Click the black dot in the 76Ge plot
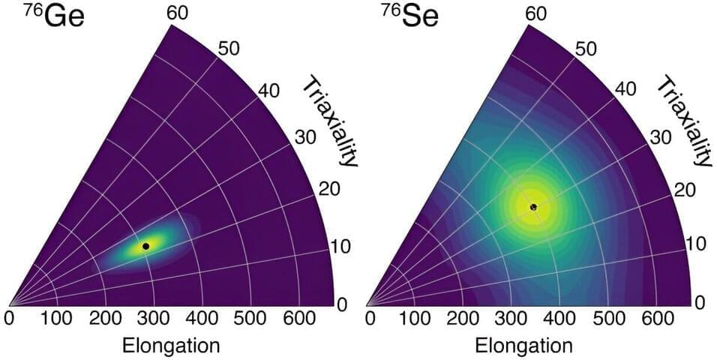click(146, 246)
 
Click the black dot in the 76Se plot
click(533, 206)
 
